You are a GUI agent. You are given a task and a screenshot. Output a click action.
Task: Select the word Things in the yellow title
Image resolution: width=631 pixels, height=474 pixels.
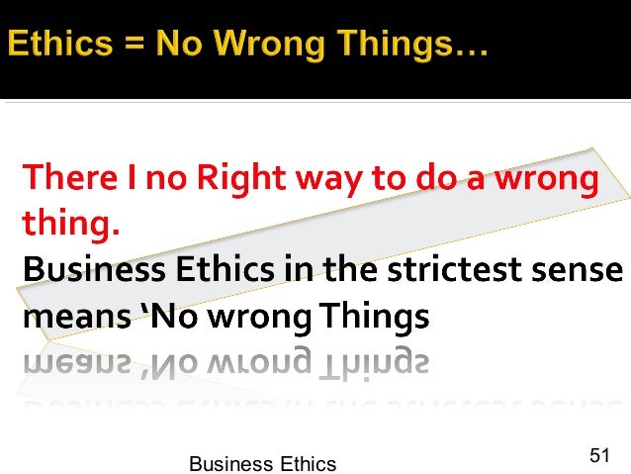click(406, 47)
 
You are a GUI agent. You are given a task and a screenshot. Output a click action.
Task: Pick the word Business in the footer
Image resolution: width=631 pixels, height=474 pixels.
click(225, 463)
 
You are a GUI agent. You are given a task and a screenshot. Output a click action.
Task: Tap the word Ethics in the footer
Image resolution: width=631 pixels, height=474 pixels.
click(303, 463)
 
